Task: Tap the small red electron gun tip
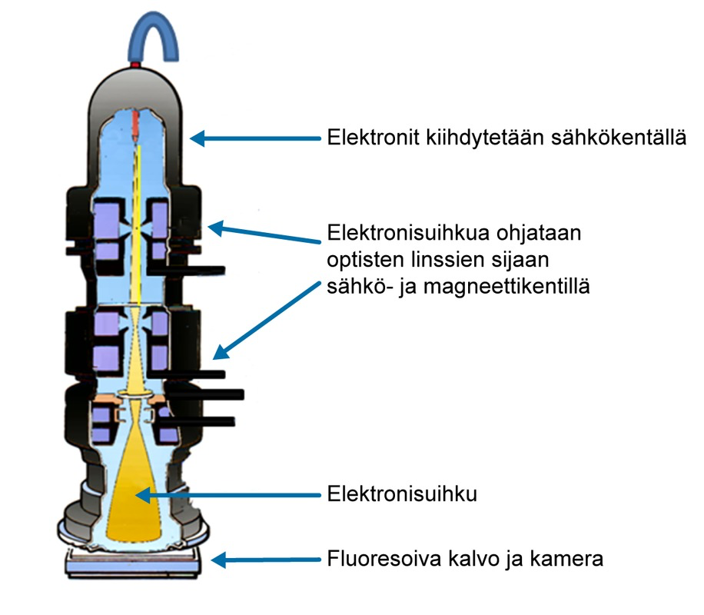(x=136, y=123)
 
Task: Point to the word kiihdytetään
(x=483, y=138)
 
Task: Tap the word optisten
(x=366, y=259)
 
